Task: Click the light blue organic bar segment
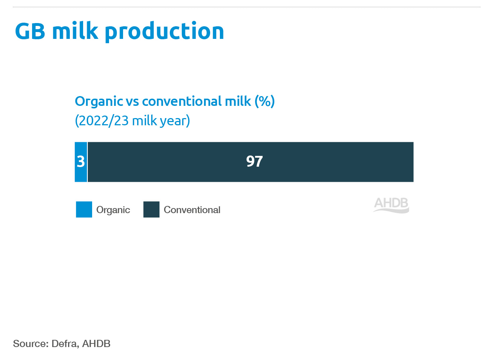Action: click(81, 162)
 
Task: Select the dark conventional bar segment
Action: click(251, 162)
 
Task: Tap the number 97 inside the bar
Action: click(254, 161)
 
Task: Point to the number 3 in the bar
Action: click(81, 162)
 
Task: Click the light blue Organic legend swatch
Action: click(84, 210)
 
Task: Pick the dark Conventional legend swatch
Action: click(151, 210)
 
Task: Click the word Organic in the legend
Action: click(113, 210)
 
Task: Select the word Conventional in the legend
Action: click(192, 210)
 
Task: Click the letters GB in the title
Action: click(30, 31)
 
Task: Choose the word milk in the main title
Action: click(75, 30)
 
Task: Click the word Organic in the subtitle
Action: click(99, 102)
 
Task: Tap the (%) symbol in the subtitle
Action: click(265, 102)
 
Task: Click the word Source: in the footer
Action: click(31, 344)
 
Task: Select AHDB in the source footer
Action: click(96, 344)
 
